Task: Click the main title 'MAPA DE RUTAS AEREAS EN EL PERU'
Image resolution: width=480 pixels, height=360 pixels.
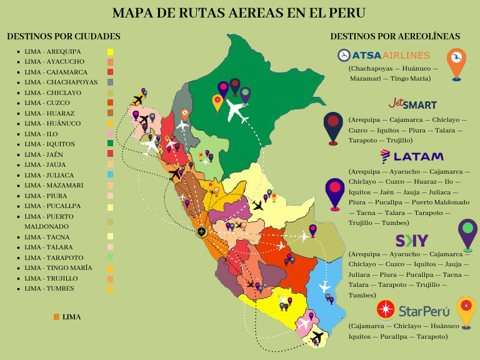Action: [239, 13]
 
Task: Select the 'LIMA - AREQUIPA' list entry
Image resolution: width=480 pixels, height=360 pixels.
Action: [52, 51]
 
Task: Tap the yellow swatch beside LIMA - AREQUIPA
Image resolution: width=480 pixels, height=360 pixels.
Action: [110, 52]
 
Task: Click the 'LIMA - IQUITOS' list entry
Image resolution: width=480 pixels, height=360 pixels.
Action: [49, 144]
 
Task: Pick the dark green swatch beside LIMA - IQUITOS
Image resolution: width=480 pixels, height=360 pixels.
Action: [110, 144]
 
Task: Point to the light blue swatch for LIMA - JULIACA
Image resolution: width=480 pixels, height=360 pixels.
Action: [110, 175]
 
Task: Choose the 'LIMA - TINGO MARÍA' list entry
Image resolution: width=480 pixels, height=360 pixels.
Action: [58, 267]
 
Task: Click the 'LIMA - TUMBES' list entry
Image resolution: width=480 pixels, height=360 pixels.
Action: [49, 288]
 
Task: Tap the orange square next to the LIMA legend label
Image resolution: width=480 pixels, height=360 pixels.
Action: [56, 317]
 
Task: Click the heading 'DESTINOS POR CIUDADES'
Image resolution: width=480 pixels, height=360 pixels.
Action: [63, 36]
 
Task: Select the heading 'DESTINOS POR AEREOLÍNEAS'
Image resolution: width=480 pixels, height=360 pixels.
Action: [395, 36]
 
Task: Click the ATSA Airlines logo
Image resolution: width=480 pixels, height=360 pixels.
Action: [383, 56]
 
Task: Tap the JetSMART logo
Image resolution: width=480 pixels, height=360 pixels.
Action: [412, 103]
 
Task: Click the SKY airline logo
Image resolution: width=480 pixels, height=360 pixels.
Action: [412, 241]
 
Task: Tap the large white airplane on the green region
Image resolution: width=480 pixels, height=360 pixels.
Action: [236, 111]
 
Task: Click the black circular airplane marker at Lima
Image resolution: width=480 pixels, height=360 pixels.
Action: [201, 232]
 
